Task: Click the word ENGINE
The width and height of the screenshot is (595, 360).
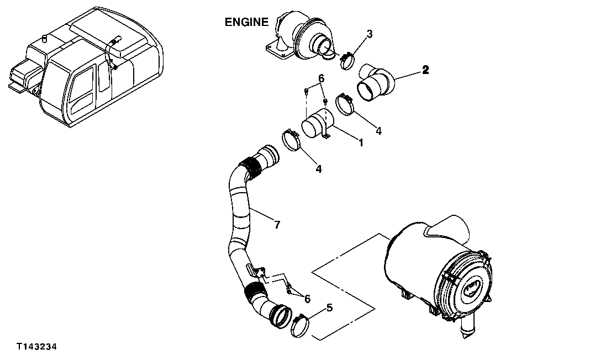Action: tap(246, 23)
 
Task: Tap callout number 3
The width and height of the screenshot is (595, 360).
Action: tap(370, 34)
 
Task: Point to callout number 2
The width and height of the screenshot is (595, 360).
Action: tap(425, 70)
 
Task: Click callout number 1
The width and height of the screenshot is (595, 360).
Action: tap(360, 142)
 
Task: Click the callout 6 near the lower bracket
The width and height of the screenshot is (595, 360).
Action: tap(307, 299)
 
